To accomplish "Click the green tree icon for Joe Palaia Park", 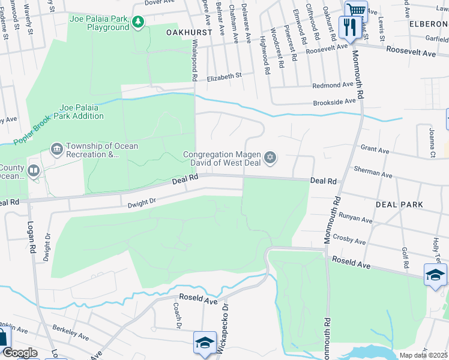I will pos(139,22).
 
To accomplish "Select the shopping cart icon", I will pos(356,10).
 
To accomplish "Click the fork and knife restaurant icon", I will pos(349,26).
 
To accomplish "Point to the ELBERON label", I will pos(428,24).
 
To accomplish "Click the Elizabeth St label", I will pos(224,76).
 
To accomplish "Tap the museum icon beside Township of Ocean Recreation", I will pos(57,148).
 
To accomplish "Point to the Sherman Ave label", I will pos(373,173).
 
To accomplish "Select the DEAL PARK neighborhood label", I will pos(399,205).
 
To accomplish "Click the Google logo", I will pos(20,353).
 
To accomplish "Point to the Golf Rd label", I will pos(405,257).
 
